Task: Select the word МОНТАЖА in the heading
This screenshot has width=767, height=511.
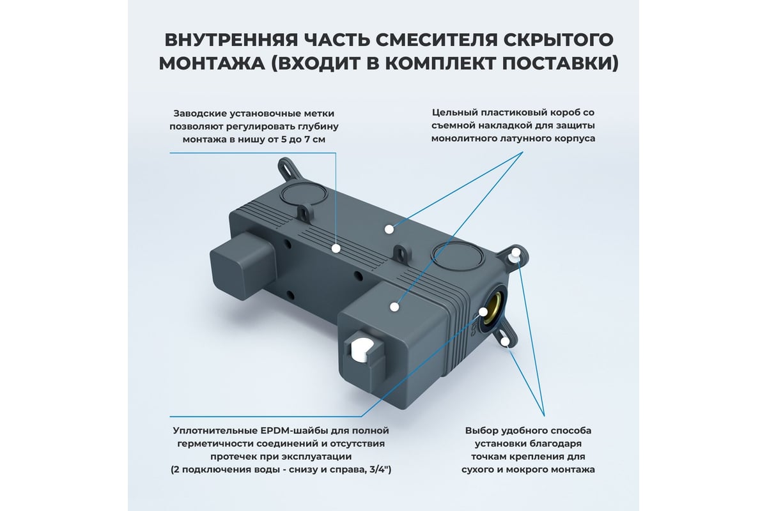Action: pos(212,64)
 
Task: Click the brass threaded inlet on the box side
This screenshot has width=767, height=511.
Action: pos(493,306)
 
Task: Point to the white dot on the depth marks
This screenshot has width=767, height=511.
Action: pos(336,248)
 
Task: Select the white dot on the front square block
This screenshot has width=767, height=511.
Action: pos(394,307)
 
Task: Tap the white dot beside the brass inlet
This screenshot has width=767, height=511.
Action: pos(483,312)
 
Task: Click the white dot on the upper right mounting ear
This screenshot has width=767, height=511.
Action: pos(516,255)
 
